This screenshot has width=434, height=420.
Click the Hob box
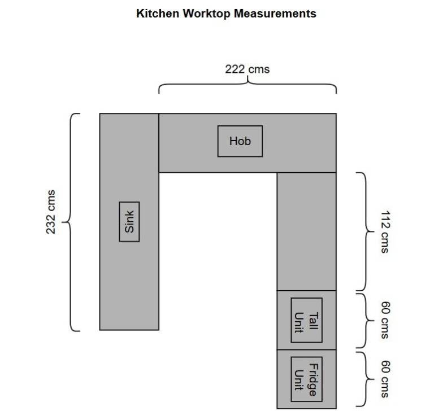tap(240, 141)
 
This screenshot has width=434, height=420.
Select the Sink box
tap(129, 222)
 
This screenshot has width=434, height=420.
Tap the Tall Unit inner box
tap(307, 320)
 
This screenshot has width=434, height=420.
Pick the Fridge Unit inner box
tap(307, 379)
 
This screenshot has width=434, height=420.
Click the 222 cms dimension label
tap(247, 69)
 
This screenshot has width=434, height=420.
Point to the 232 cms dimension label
tap(51, 212)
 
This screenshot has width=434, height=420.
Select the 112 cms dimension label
tap(385, 231)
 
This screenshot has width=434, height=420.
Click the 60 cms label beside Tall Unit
tap(385, 320)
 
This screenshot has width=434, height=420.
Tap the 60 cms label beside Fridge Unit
tap(385, 379)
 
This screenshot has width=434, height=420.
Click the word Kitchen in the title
tap(158, 14)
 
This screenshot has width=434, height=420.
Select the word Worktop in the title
tap(206, 14)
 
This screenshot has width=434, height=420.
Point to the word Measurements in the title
tap(275, 14)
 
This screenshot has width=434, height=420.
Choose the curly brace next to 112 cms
tap(366, 231)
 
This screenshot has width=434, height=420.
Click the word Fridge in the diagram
tap(314, 379)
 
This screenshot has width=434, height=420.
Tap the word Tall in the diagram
tap(313, 321)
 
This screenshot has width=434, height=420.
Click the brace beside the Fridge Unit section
tap(366, 379)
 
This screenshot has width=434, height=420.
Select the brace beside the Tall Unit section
tap(366, 320)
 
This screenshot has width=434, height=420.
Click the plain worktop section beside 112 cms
tap(307, 231)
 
